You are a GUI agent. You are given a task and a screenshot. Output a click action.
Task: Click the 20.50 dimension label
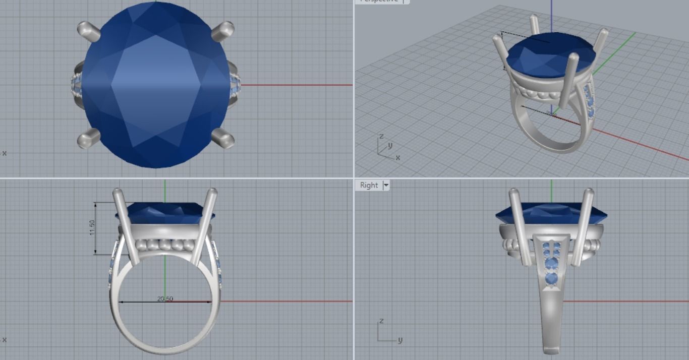[165, 299]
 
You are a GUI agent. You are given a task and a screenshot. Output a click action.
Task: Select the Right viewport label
[369, 185]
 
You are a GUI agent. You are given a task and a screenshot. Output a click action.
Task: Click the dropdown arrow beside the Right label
[386, 185]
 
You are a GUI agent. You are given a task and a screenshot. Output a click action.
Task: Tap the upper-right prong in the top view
[222, 31]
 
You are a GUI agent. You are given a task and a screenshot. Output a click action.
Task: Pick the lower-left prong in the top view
[89, 138]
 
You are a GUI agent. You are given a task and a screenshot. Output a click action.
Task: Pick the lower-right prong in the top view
[222, 138]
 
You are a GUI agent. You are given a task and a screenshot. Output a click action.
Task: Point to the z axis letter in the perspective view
[381, 137]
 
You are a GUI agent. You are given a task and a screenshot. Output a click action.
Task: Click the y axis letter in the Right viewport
[400, 339]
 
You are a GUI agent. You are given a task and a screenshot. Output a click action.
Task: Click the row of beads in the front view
[164, 246]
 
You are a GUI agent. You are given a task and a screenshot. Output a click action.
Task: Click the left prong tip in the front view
[118, 192]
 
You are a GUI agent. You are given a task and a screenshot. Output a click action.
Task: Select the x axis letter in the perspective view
[398, 157]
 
